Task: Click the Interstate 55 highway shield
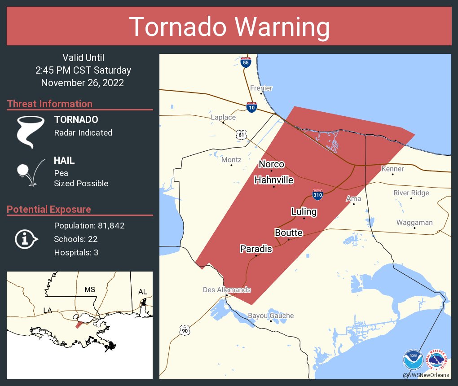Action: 246,62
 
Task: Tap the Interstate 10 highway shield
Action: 251,107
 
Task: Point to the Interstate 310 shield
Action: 318,195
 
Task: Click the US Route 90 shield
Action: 185,330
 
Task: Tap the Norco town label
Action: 272,164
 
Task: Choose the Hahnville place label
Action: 274,180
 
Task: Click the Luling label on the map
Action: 304,211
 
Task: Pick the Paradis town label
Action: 256,249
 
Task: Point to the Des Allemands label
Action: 227,289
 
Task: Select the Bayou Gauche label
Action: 271,316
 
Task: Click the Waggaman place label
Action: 414,223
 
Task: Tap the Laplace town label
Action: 223,117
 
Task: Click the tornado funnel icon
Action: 30,132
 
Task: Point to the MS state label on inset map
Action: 90,289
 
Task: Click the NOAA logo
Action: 414,360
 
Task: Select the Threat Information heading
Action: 50,104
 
